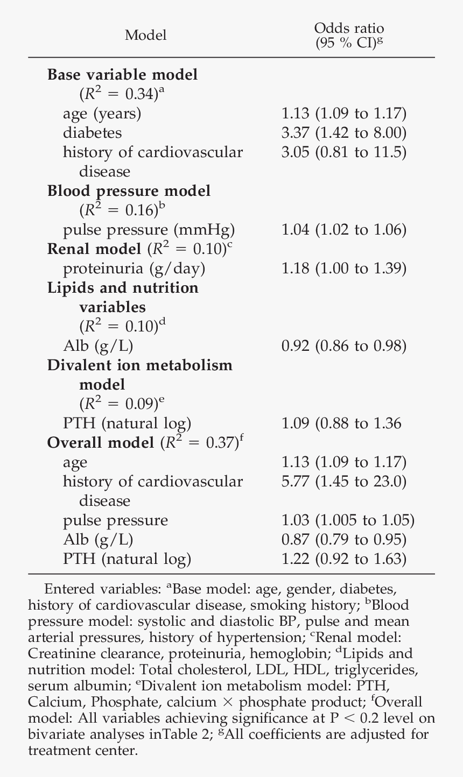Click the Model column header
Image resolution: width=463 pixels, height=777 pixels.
(x=145, y=36)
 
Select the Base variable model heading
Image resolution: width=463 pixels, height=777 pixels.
(x=122, y=75)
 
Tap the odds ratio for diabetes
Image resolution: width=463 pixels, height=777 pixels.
(x=344, y=132)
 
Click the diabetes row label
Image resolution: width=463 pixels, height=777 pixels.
(x=92, y=132)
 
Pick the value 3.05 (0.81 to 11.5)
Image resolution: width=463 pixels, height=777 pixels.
(x=344, y=152)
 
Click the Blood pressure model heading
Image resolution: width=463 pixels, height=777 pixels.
(x=129, y=191)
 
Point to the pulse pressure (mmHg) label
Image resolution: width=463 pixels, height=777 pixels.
(x=149, y=230)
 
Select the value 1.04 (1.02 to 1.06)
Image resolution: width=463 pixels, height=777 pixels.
(x=344, y=230)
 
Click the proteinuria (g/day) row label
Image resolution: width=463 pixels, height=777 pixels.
(x=134, y=269)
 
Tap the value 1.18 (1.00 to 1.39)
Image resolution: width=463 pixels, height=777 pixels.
(x=344, y=269)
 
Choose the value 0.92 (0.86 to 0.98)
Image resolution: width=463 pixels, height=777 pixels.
(x=344, y=346)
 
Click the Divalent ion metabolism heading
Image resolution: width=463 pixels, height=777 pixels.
(x=140, y=365)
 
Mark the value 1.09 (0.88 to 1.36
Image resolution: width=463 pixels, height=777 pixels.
(x=341, y=423)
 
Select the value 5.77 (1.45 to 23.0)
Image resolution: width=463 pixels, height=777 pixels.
(x=344, y=482)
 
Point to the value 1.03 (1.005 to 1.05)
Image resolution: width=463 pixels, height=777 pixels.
(x=348, y=520)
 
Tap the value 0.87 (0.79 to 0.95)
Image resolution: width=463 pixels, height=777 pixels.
(x=344, y=540)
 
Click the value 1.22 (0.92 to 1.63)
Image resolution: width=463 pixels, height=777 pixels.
(x=344, y=559)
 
